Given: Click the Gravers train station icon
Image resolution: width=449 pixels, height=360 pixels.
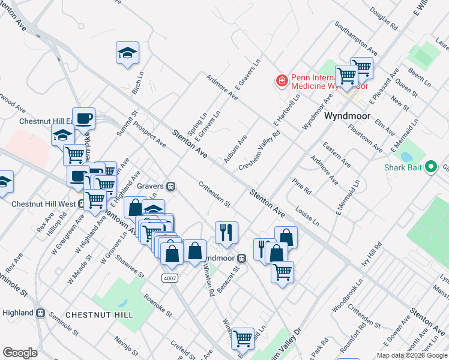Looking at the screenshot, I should [x=171, y=186].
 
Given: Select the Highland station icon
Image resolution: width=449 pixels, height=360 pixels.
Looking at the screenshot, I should [x=41, y=313].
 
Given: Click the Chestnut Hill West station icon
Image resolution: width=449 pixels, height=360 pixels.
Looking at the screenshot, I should [x=80, y=203].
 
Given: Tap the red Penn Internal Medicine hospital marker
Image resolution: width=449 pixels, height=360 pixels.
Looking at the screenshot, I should [x=280, y=80].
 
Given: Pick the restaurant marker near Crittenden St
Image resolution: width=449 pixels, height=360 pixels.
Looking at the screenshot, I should [x=226, y=232].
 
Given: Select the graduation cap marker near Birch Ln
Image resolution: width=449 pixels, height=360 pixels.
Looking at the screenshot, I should [x=127, y=53].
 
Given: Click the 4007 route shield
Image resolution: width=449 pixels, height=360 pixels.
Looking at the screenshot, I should [x=169, y=278].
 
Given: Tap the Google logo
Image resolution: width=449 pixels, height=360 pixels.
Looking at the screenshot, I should [x=20, y=353].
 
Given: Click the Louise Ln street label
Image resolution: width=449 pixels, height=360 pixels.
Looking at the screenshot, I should [x=307, y=216].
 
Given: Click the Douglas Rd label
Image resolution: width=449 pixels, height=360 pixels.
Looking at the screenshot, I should [x=384, y=19].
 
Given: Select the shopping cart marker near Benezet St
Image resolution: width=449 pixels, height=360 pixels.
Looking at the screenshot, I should [x=282, y=271].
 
